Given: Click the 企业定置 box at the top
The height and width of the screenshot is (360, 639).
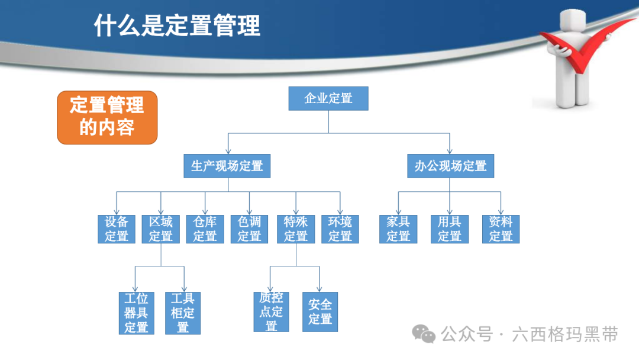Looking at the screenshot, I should tap(328, 98).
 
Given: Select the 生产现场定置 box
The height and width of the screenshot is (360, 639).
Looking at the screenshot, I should tap(227, 166).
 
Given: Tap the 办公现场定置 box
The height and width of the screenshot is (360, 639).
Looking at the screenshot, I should tap(450, 166).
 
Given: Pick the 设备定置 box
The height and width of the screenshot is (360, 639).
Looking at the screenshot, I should tap(117, 229).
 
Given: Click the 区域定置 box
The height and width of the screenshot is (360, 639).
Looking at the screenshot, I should tap(161, 229).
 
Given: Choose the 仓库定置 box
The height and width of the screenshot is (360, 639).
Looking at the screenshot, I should tap(205, 229).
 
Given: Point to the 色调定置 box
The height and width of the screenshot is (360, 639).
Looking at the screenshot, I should tap(249, 229).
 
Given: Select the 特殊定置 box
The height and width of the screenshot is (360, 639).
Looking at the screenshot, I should tap(296, 229).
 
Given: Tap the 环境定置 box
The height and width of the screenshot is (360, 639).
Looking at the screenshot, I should tap(340, 229).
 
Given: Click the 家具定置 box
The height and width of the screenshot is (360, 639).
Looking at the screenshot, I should tap(398, 229).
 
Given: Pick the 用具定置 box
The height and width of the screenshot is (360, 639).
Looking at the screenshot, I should tap(450, 229).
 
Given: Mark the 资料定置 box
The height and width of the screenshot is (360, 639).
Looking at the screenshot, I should tap(501, 229).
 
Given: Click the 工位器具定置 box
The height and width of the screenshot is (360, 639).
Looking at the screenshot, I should tap(136, 313).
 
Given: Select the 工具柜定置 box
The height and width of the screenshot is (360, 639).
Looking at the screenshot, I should tap(183, 313).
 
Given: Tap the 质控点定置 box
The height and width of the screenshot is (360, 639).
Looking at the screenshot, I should tap(271, 311).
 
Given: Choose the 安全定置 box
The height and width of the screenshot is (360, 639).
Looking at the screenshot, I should tap(320, 311).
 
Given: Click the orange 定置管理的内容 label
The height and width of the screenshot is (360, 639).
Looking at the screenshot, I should tap(107, 117).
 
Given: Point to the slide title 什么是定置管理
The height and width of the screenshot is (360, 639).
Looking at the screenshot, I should tap(177, 27).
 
